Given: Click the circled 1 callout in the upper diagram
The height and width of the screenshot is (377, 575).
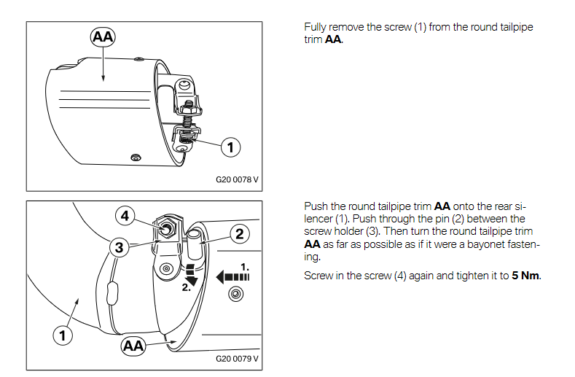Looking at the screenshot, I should (230, 147).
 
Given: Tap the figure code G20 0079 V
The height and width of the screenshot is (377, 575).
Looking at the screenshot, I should (237, 359).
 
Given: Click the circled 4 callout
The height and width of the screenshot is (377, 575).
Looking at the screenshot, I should (125, 216).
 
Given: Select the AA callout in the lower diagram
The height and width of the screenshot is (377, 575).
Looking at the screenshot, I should (133, 345).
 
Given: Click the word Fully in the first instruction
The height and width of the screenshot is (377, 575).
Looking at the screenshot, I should (315, 27).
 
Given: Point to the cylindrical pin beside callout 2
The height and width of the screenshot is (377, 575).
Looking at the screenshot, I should (195, 241).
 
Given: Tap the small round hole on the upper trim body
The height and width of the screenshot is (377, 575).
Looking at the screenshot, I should (134, 158).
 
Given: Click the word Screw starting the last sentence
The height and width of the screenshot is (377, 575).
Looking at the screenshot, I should (317, 276).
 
